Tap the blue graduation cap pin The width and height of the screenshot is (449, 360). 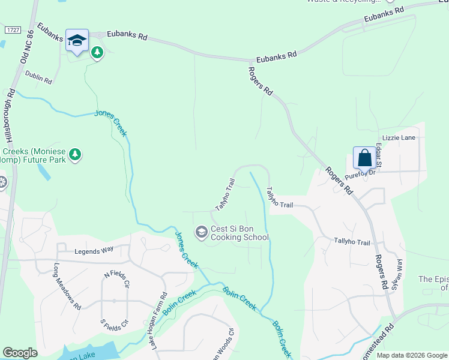coord(77,41)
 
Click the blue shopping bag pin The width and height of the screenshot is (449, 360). coord(364,159)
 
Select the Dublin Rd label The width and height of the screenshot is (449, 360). coord(39,77)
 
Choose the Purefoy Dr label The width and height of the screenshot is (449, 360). coord(360,172)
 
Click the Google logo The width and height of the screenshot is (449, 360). coord(20,353)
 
